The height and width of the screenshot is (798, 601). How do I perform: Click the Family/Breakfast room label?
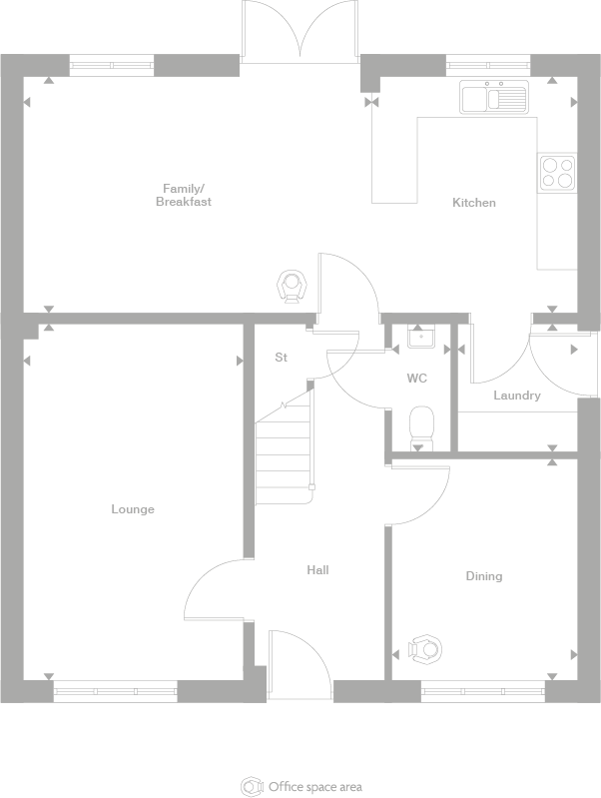point(183,195)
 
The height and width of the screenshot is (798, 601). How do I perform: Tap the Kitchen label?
point(473,203)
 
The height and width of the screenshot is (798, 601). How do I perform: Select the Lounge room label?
point(133,509)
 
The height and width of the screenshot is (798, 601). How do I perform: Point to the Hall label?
point(317,570)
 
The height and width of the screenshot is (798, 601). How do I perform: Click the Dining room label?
point(484,576)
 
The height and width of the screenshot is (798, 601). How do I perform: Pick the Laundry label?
point(516,396)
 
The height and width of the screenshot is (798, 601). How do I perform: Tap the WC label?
point(417,379)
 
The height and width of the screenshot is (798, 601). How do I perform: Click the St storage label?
point(282,357)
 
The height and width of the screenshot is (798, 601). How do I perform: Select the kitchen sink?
point(493,98)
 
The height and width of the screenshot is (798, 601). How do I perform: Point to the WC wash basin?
point(420,338)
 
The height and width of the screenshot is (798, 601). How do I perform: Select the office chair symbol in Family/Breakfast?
point(291,286)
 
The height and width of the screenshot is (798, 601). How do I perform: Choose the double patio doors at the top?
point(300,30)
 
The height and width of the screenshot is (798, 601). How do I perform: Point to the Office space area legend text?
point(314,786)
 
